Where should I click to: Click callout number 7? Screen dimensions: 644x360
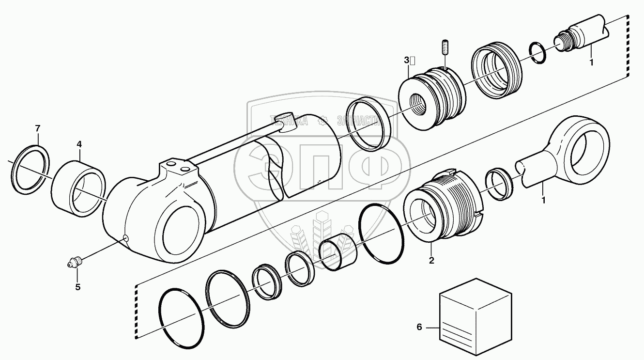click(37, 128)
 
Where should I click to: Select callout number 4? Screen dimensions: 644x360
click(79, 144)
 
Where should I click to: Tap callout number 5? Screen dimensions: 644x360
click(77, 287)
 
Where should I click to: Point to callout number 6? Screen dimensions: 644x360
click(419, 328)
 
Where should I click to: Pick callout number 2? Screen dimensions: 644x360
click(431, 260)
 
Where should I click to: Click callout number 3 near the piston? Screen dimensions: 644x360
click(407, 61)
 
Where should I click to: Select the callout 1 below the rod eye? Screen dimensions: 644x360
click(543, 200)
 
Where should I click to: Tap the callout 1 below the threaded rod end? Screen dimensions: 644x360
click(591, 62)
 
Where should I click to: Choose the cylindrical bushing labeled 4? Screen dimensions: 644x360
click(78, 188)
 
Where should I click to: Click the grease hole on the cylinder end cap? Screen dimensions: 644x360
click(125, 237)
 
